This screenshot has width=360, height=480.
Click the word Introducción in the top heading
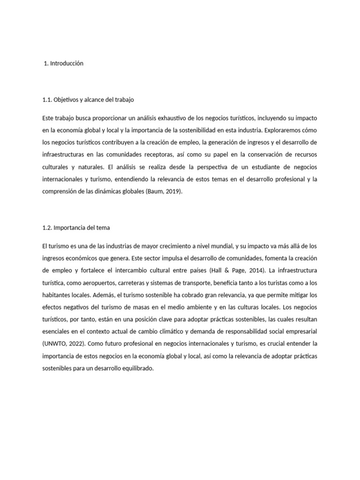[67, 63]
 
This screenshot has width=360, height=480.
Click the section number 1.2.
[47, 227]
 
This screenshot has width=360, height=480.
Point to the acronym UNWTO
[57, 344]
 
